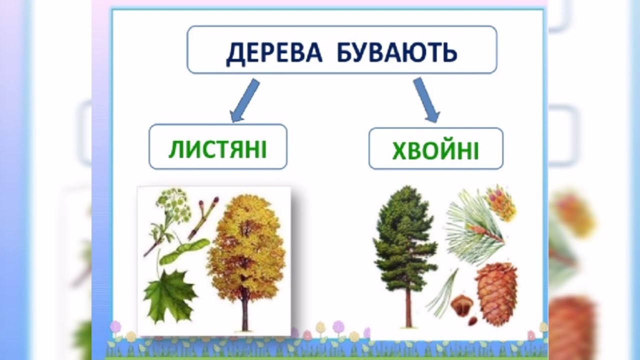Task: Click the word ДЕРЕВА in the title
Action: tap(274, 52)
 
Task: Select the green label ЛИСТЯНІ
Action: tap(217, 149)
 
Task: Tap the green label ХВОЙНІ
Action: tap(435, 150)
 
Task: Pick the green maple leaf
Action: tap(169, 296)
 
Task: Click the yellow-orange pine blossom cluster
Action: tap(500, 202)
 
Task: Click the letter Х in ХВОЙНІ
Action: tap(399, 151)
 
